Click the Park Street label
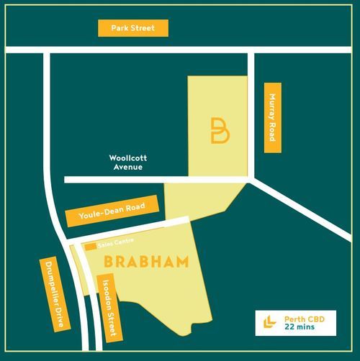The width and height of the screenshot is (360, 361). [133, 29]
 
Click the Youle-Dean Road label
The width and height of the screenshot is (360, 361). [112, 212]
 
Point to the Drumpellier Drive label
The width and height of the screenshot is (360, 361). [55, 293]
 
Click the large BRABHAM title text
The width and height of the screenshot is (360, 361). [146, 261]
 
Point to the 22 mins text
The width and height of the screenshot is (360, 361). [300, 327]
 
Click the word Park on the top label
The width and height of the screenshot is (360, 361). [120, 29]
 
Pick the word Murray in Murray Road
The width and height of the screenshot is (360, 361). [272, 107]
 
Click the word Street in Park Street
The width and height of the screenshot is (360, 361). [144, 29]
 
